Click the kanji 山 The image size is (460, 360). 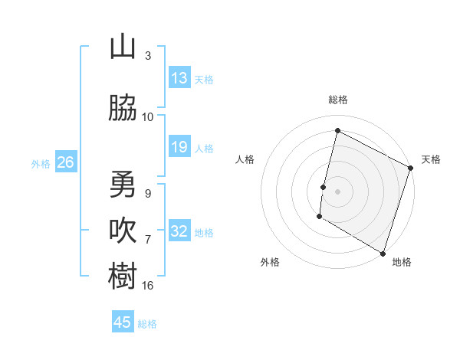click(123, 47)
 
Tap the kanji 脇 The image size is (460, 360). click(123, 109)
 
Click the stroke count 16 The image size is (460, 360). click(148, 286)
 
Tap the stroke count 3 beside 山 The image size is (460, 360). click(148, 56)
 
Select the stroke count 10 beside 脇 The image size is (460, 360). click(148, 117)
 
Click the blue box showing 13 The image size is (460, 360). click(179, 78)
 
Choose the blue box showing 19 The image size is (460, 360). click(179, 147)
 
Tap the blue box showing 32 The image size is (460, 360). click(179, 231)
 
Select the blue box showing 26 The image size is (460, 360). click(65, 162)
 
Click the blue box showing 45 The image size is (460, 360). click(123, 322)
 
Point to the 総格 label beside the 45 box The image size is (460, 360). click(147, 324)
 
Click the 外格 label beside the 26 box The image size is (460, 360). click(41, 163)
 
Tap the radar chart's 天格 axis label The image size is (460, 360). click(431, 159)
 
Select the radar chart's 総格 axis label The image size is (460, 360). click(338, 100)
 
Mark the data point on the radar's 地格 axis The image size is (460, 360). click(383, 253)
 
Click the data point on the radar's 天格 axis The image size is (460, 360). click(411, 169)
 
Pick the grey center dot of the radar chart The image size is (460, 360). click(337, 191)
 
